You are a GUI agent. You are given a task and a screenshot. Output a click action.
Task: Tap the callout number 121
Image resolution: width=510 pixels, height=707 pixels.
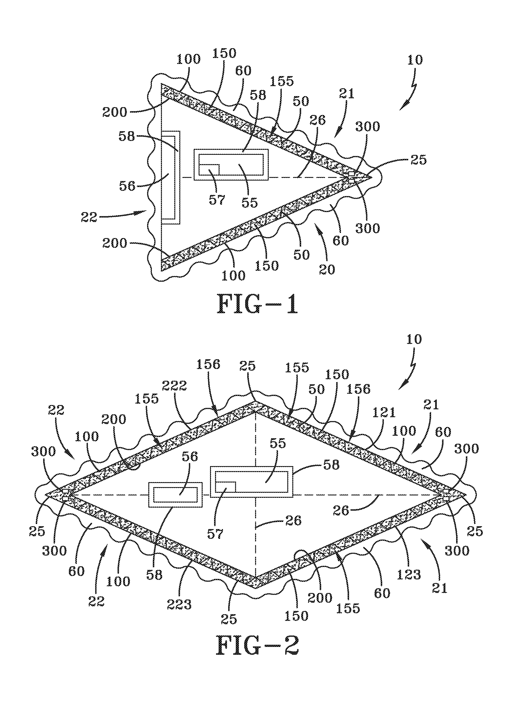[385, 412]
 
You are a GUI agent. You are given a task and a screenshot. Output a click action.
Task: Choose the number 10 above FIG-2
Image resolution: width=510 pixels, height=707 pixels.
[413, 339]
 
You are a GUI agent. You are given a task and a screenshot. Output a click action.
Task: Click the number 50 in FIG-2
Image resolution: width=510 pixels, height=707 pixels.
[316, 389]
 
